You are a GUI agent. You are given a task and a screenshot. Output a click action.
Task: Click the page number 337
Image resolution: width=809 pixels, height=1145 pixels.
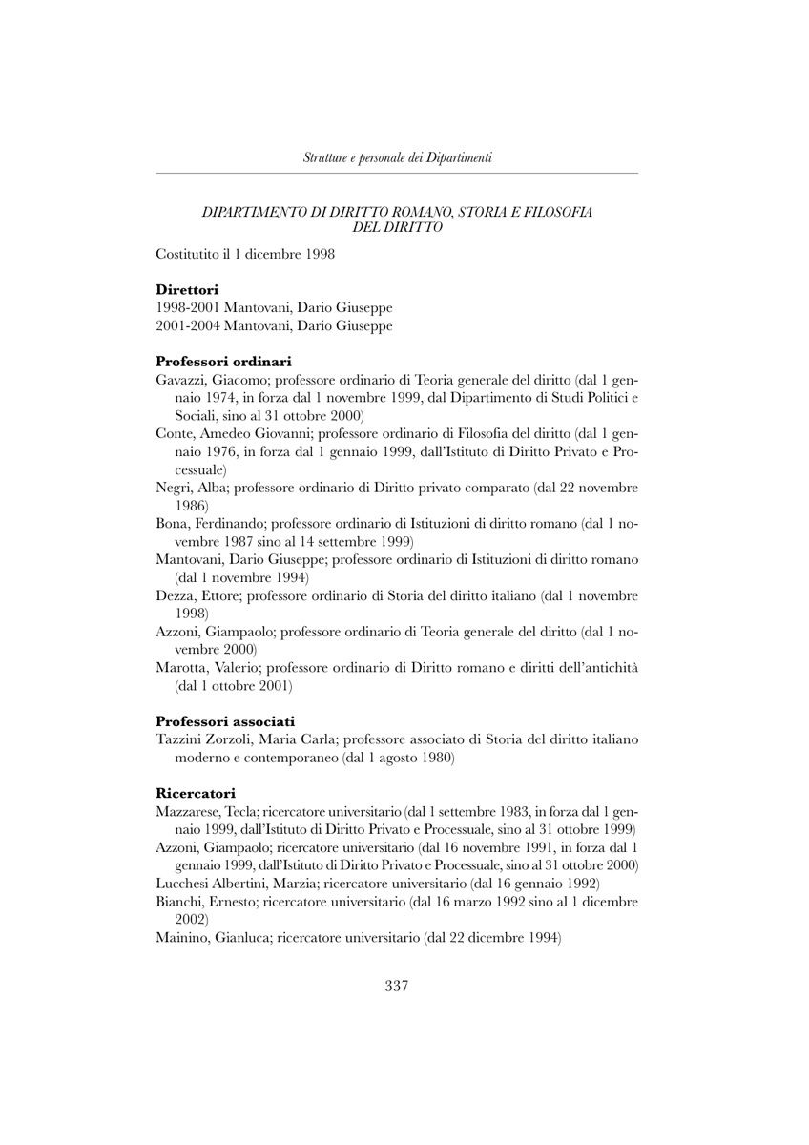click(397, 987)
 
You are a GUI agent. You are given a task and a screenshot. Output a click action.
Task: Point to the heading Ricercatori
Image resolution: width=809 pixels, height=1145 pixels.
click(196, 792)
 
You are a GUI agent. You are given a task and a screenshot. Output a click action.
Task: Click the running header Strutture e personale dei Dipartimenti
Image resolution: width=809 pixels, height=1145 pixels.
click(397, 157)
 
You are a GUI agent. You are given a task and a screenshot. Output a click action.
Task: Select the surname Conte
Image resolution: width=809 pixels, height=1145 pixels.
click(175, 433)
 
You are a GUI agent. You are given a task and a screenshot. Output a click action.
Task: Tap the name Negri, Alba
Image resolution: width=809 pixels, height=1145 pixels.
click(192, 488)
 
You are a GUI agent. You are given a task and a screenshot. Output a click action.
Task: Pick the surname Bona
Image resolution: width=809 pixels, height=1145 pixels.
click(172, 524)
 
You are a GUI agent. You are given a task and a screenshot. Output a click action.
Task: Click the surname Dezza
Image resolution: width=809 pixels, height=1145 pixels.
click(175, 596)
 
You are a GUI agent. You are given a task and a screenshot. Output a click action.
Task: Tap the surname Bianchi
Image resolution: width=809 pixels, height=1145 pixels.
click(178, 902)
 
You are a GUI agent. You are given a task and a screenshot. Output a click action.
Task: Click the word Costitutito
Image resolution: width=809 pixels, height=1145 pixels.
click(188, 254)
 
